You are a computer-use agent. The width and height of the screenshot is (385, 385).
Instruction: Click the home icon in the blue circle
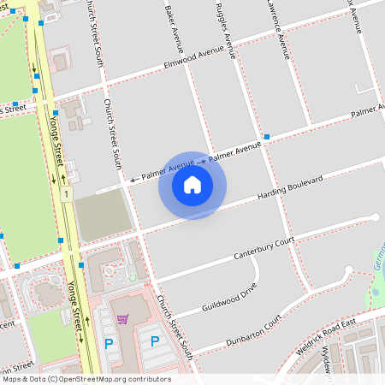point(192,185)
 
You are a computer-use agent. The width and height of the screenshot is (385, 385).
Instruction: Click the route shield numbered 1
point(65,195)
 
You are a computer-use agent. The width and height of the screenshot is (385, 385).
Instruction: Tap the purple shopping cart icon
point(122,319)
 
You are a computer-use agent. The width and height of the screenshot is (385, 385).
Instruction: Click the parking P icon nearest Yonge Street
point(109,342)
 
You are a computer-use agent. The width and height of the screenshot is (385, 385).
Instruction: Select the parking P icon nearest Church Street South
point(155,341)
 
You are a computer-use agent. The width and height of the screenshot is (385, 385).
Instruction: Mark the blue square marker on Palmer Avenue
point(267,137)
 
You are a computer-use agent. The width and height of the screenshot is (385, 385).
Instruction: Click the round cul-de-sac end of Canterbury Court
point(375,217)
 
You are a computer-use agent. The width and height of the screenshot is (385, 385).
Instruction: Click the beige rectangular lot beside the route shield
point(101,214)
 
